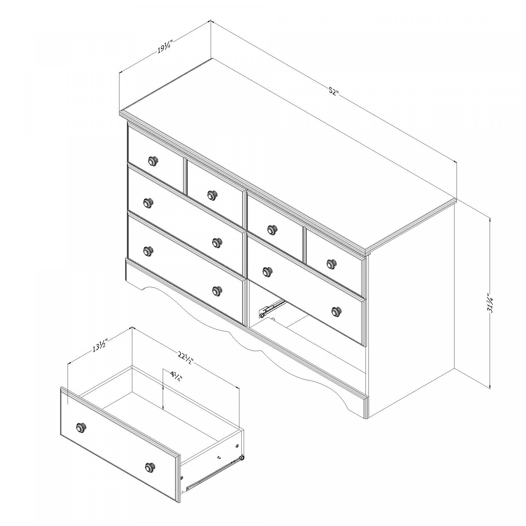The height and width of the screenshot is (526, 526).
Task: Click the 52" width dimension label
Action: coord(333,93)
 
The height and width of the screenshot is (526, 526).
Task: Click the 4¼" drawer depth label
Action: coord(176,378)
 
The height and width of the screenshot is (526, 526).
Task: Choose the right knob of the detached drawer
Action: coord(150,467)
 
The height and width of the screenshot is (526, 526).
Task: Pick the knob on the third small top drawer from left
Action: coord(271,229)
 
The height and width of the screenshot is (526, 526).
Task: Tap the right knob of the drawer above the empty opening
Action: coord(336,311)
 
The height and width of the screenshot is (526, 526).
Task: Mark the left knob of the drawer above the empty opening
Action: coord(267,271)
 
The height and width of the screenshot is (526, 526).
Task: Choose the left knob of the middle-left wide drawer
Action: coord(148,202)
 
